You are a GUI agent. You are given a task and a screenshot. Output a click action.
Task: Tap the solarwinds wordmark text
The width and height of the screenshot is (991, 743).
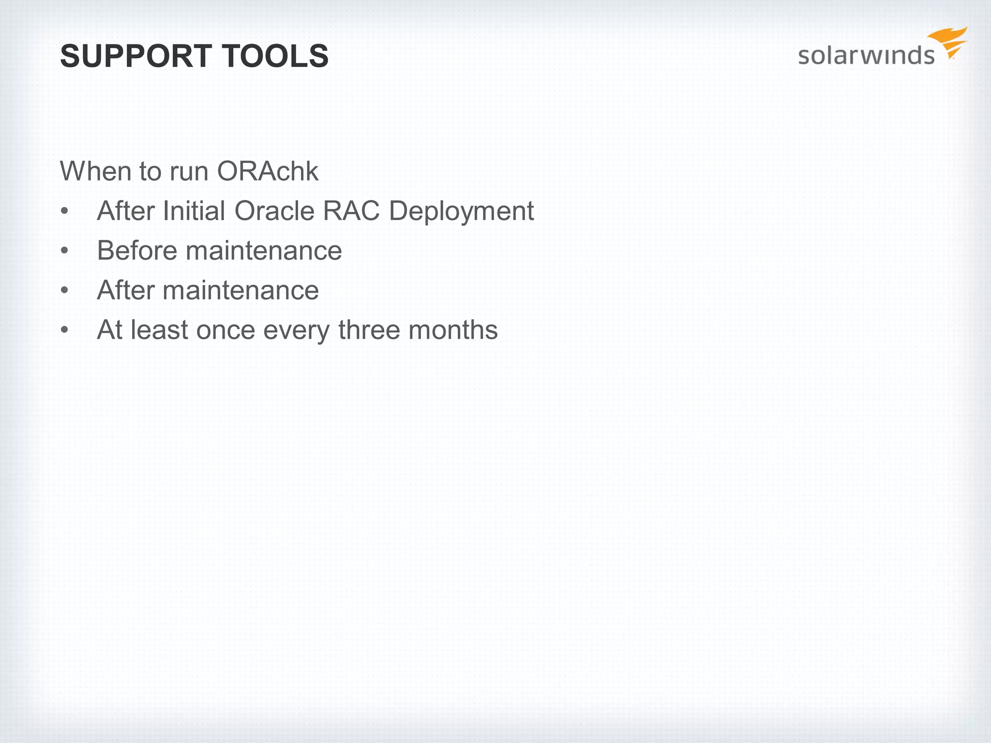(x=866, y=55)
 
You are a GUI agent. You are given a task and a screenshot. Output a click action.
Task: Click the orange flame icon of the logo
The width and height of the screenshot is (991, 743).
(x=948, y=43)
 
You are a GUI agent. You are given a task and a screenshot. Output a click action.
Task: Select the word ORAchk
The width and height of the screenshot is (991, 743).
(x=268, y=171)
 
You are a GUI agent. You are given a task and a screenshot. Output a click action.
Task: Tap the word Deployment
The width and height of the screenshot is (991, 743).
(x=461, y=212)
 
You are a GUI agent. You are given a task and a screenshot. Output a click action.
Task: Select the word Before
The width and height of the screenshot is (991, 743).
(x=137, y=251)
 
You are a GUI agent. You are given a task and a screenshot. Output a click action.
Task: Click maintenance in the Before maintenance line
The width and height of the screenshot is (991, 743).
(x=264, y=251)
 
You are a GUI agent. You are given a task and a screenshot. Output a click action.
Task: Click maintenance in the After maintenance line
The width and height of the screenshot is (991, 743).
(x=240, y=290)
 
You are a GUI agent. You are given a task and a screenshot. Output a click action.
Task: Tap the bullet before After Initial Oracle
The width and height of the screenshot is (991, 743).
(x=64, y=212)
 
